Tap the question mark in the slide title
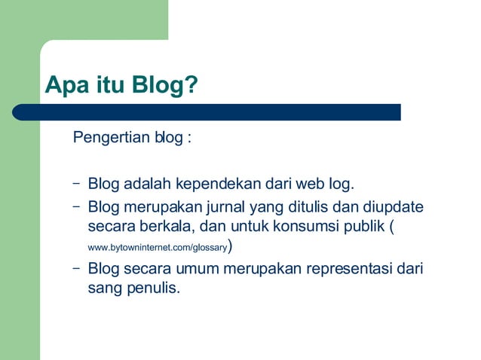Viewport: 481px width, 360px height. (x=191, y=87)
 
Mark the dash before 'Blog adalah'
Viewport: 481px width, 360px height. (x=76, y=183)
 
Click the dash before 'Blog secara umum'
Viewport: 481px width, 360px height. (x=76, y=267)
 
